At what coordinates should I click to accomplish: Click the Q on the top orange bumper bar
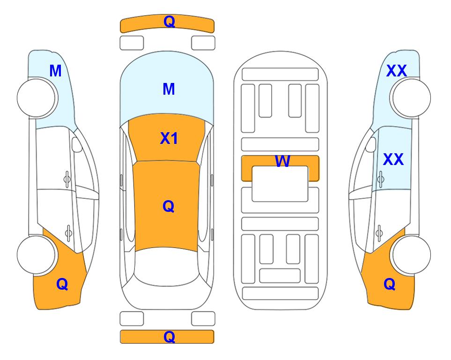point(169,22)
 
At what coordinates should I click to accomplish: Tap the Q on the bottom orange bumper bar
point(169,337)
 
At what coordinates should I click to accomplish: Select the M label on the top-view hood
point(169,89)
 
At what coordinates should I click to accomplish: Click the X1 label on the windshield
point(169,138)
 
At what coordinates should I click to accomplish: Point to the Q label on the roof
point(168,206)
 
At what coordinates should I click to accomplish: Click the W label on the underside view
point(282,161)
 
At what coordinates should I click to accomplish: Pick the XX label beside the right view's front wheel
point(396,71)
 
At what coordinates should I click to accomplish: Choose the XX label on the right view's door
point(393,159)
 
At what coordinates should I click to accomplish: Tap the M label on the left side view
point(55,71)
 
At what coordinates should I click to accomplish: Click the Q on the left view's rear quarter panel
point(62,284)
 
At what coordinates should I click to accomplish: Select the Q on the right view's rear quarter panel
point(390,284)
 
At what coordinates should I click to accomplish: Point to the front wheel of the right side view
point(412,98)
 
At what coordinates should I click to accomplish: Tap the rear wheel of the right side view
point(412,255)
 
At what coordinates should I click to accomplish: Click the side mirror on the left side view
point(77,144)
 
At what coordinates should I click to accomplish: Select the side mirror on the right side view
point(371,144)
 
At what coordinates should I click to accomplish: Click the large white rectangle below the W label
point(280,184)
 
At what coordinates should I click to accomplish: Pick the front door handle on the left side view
point(67,180)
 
